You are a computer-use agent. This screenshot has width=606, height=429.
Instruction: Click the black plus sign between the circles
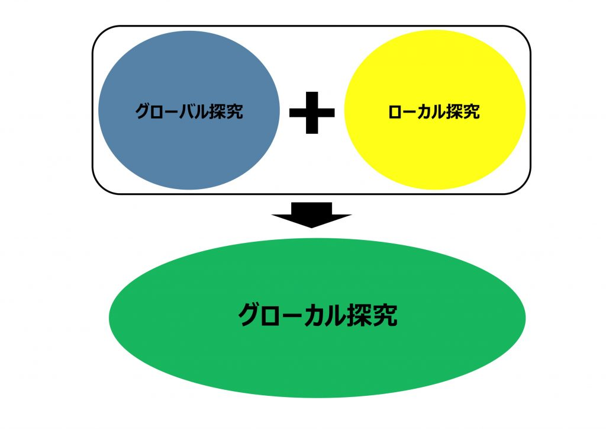[312, 111]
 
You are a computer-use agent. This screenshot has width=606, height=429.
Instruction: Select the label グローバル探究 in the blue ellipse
[189, 111]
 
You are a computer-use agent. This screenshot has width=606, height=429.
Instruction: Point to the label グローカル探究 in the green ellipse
[317, 316]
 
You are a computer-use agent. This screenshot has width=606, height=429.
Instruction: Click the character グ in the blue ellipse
[143, 111]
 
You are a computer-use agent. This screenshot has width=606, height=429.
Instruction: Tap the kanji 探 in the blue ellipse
[218, 111]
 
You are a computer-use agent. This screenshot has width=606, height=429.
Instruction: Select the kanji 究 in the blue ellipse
[235, 111]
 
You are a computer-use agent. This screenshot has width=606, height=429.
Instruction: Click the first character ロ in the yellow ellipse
[395, 111]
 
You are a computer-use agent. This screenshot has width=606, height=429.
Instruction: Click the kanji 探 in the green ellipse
[361, 316]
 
